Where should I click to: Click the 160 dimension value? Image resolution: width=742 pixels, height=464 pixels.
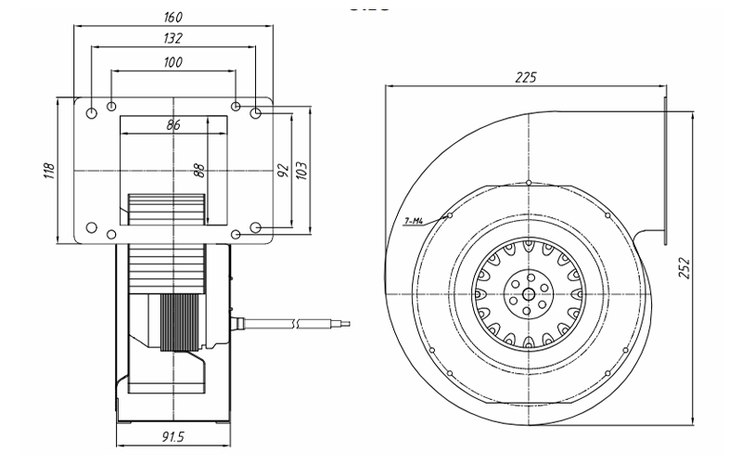173,18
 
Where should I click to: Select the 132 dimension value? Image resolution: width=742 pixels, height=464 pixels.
172,39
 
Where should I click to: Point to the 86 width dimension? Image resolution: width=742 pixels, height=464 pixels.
173,124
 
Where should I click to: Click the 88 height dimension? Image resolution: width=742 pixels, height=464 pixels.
198,171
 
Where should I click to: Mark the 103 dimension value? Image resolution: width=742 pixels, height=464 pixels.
301,171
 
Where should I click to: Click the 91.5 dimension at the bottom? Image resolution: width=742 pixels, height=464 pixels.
173,435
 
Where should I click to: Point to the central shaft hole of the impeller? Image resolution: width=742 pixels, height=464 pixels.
528,295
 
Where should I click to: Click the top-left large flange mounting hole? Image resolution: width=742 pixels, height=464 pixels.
92,112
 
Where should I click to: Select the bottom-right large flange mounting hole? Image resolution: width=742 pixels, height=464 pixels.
256,227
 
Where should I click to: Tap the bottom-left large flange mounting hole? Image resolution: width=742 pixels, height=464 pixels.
92,227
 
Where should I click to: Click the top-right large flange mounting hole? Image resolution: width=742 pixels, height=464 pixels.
256,112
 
